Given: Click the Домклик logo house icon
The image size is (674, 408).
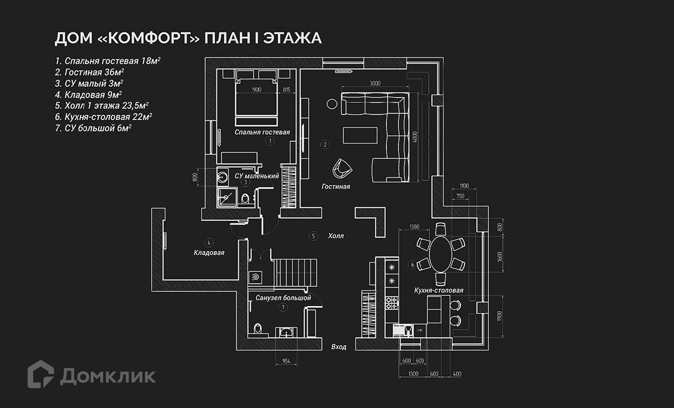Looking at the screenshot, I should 41,374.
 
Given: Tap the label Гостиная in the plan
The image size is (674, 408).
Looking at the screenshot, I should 336,187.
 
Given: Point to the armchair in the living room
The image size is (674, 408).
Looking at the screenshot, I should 342,168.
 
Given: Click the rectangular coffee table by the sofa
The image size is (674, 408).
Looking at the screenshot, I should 360,136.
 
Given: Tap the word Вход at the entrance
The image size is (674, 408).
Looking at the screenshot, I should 339,347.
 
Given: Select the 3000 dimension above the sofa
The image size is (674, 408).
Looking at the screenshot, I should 375,83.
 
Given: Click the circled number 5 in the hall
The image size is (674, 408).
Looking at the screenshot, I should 313,236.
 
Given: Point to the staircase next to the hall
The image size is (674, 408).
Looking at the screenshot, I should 296,272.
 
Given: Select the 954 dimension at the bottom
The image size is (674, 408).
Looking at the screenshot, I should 287,361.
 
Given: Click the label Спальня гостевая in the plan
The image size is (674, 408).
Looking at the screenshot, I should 263,132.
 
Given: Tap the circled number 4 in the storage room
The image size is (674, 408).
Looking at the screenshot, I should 209,243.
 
